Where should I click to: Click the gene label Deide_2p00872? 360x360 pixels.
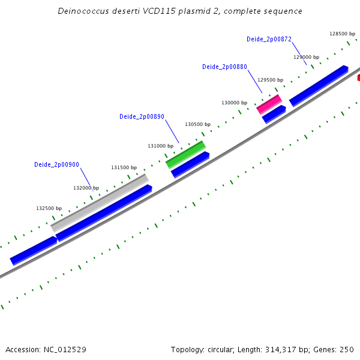click(x=269, y=40)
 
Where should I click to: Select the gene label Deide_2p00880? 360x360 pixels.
click(x=224, y=67)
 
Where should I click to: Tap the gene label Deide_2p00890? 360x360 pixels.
click(x=142, y=117)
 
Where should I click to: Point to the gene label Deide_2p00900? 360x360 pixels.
click(x=56, y=164)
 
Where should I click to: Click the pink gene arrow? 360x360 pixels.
click(x=269, y=104)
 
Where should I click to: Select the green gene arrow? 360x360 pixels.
click(x=185, y=154)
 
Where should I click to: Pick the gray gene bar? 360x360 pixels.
click(x=100, y=203)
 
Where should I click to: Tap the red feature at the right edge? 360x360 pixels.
click(x=358, y=77)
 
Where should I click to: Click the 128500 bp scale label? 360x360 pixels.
click(x=343, y=34)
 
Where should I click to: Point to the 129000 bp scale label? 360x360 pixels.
click(x=306, y=57)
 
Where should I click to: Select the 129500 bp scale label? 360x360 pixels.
click(x=270, y=80)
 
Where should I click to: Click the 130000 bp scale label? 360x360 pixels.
click(x=234, y=103)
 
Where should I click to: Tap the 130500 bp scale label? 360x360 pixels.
click(x=197, y=125)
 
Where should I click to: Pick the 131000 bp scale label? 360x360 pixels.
click(x=161, y=146)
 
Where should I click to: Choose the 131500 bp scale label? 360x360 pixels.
click(x=124, y=168)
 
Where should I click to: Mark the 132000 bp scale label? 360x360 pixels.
click(x=86, y=188)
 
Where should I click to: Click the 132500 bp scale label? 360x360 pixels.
click(x=49, y=209)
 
